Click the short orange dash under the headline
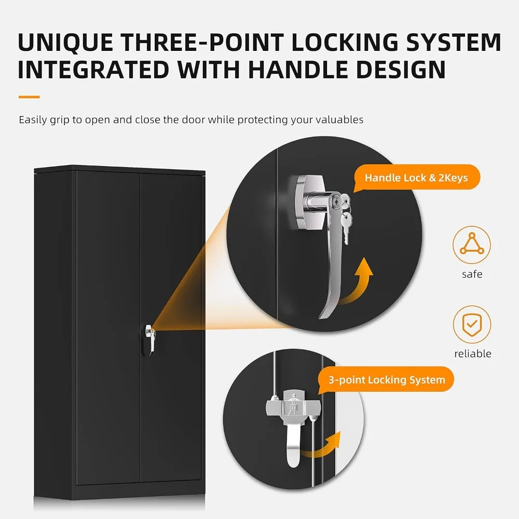(x=29, y=97)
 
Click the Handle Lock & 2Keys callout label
(x=416, y=178)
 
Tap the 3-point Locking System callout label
(x=387, y=380)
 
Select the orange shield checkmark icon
(x=472, y=325)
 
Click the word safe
(x=472, y=274)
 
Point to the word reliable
(x=472, y=354)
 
